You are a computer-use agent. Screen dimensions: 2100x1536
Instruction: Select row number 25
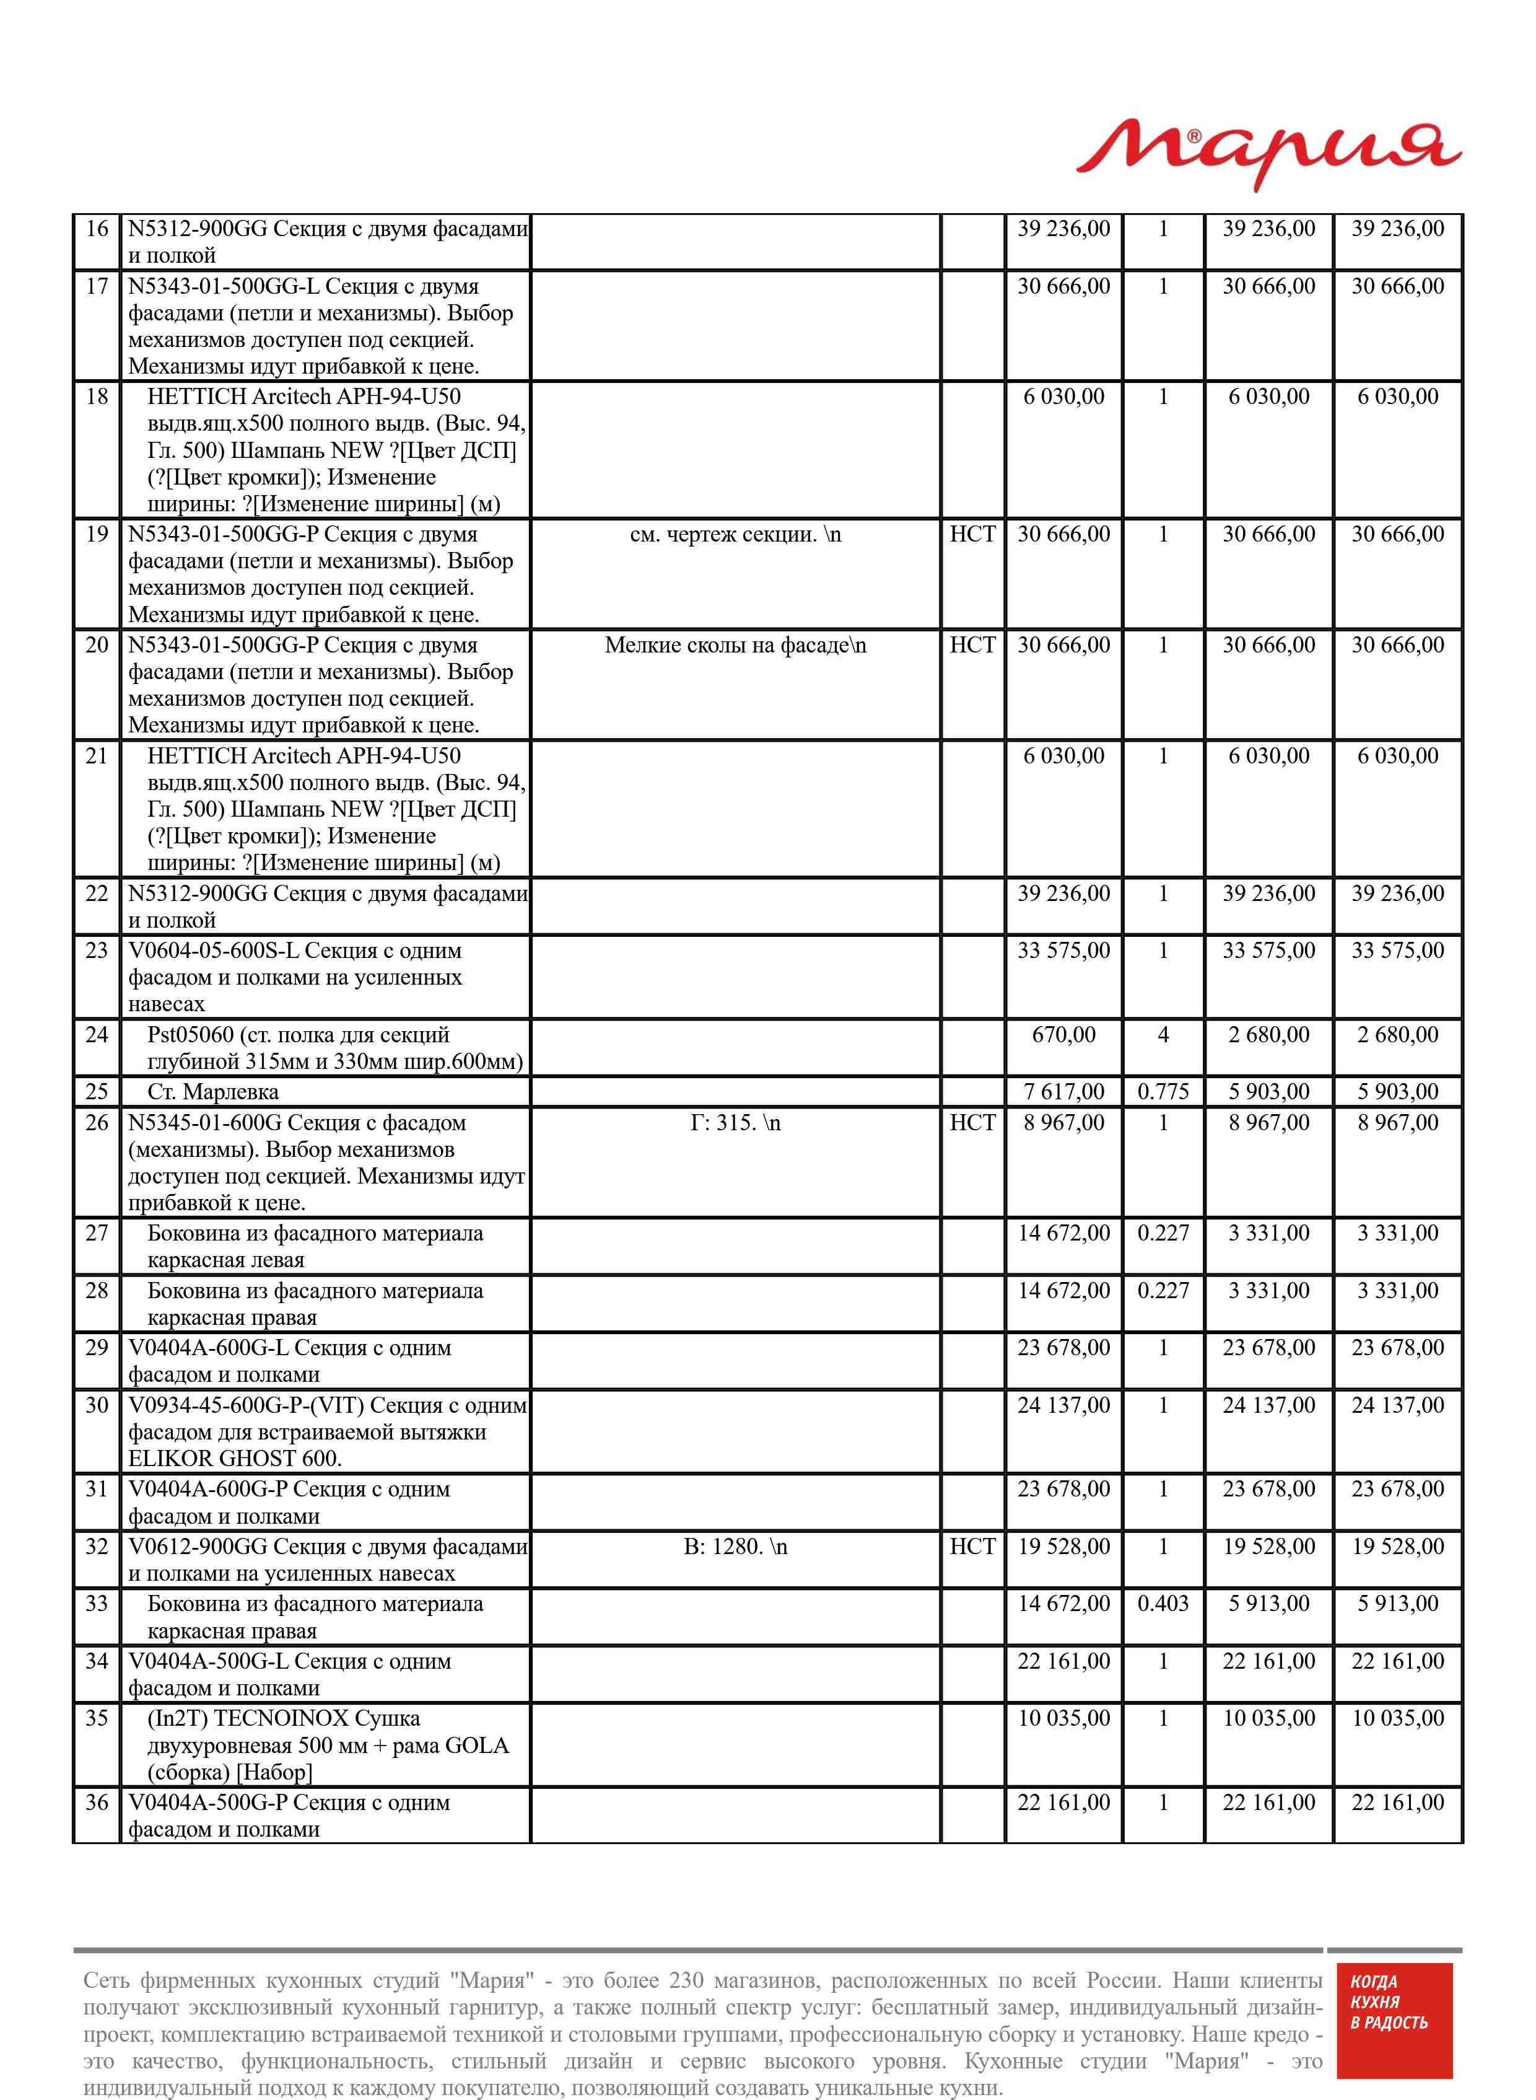click(x=97, y=1092)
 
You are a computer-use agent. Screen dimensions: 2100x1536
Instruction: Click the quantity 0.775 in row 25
click(x=1163, y=1092)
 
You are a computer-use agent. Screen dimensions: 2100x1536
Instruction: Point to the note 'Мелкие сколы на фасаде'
click(x=735, y=646)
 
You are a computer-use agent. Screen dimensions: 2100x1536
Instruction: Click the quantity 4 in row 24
click(x=1163, y=1035)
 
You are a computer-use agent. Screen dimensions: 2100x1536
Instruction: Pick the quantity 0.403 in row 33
click(x=1163, y=1604)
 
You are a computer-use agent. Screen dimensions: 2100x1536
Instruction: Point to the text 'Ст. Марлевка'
click(x=213, y=1092)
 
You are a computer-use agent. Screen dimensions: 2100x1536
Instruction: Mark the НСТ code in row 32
click(x=972, y=1547)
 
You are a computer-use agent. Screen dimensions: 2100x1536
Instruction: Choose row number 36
click(x=97, y=1803)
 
